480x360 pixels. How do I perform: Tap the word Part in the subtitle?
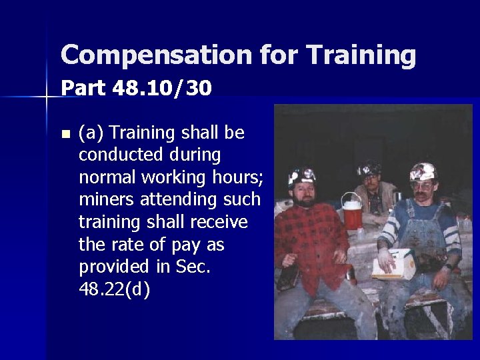click(x=83, y=88)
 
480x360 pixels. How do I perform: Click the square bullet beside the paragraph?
click(x=65, y=134)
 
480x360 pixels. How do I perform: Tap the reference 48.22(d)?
click(x=114, y=289)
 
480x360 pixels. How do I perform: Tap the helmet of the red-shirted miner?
click(x=302, y=176)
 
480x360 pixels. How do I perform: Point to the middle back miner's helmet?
click(x=369, y=169)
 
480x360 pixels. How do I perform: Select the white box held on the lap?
click(x=393, y=265)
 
